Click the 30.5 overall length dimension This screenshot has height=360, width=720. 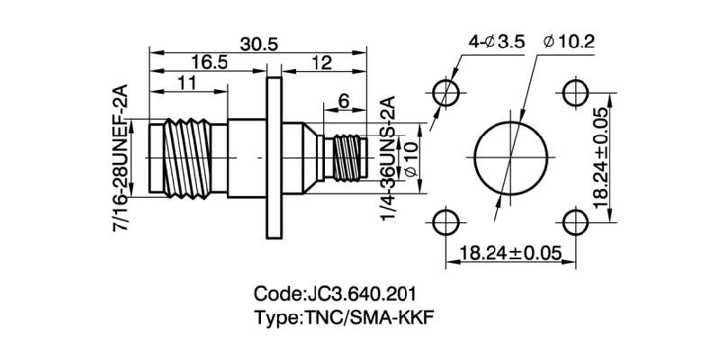point(260,42)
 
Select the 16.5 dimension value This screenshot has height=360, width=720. point(209,62)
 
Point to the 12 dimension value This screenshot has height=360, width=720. point(321,62)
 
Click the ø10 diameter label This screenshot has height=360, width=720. point(410,158)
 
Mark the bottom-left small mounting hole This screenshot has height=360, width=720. point(445,220)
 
